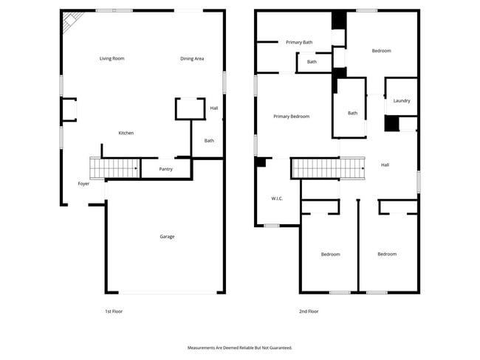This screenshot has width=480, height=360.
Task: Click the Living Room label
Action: [112, 58]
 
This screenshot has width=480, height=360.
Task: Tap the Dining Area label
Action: [192, 58]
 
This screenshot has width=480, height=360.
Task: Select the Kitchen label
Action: [126, 133]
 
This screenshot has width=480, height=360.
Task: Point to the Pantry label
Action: [165, 169]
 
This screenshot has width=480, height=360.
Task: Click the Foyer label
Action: [83, 184]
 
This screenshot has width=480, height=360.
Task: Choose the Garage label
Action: [168, 236]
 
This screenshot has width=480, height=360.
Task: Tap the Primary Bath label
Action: [299, 42]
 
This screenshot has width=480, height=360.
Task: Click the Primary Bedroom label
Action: [291, 117]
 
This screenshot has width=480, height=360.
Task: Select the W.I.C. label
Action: [278, 198]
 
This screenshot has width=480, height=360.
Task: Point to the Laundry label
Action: [402, 101]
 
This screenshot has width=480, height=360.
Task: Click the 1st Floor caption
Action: [114, 311]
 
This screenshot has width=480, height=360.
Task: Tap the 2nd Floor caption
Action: [309, 311]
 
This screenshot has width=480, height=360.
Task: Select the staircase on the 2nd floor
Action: [329, 168]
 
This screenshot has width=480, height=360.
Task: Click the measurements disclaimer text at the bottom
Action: [240, 347]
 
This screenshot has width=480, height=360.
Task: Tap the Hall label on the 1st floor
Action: [214, 108]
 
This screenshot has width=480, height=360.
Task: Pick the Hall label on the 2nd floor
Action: [385, 165]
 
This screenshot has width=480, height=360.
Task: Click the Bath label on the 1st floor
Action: [209, 141]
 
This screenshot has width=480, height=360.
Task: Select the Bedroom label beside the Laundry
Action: [381, 51]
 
